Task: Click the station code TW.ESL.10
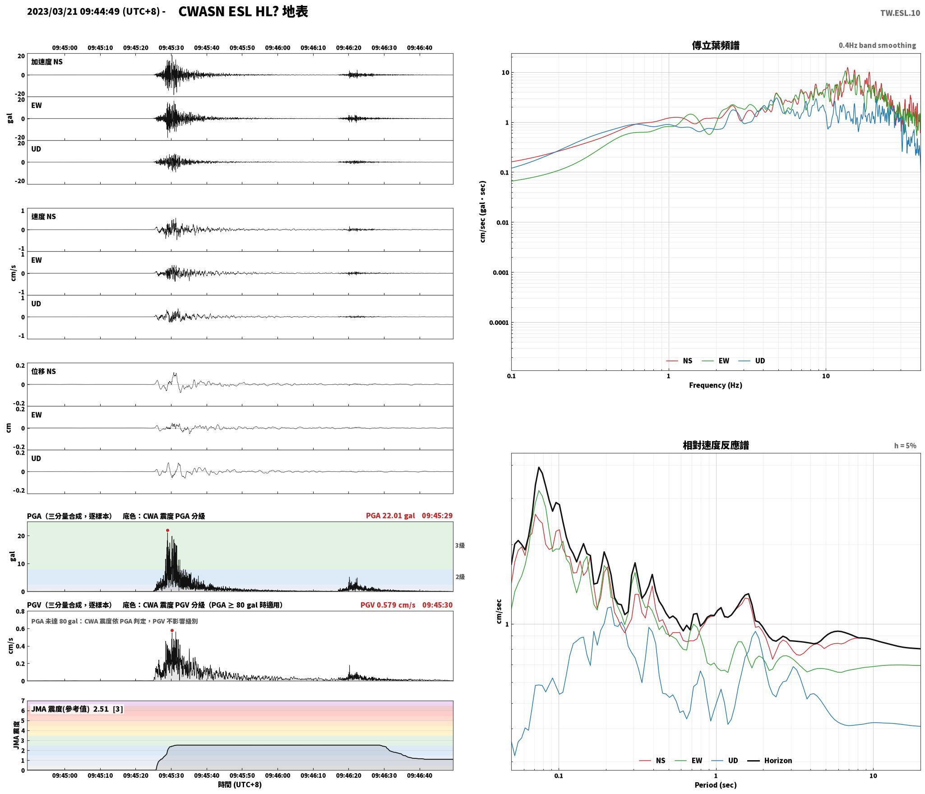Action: pyautogui.click(x=900, y=13)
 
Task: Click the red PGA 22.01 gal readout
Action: pyautogui.click(x=390, y=516)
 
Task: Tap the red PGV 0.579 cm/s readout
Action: pyautogui.click(x=388, y=605)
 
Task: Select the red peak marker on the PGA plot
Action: pyautogui.click(x=167, y=531)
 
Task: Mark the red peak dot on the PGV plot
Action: pyautogui.click(x=172, y=631)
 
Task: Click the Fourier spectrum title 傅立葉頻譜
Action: pyautogui.click(x=716, y=46)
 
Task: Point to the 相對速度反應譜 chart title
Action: pyautogui.click(x=716, y=445)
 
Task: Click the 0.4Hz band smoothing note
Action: pyautogui.click(x=877, y=46)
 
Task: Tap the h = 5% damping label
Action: pyautogui.click(x=905, y=446)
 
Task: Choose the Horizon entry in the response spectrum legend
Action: pyautogui.click(x=778, y=761)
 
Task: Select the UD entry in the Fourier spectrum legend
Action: pyautogui.click(x=760, y=361)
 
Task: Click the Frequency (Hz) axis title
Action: pyautogui.click(x=716, y=385)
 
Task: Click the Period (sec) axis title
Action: pyautogui.click(x=716, y=785)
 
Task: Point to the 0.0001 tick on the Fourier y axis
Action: pyautogui.click(x=499, y=323)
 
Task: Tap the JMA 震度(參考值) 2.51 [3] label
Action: pyautogui.click(x=77, y=709)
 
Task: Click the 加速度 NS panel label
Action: pyautogui.click(x=47, y=62)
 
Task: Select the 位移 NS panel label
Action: pyautogui.click(x=44, y=371)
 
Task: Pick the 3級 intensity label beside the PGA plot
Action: pyautogui.click(x=460, y=545)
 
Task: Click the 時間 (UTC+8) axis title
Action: pyautogui.click(x=240, y=785)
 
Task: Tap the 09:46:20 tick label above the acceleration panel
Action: pyautogui.click(x=348, y=48)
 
